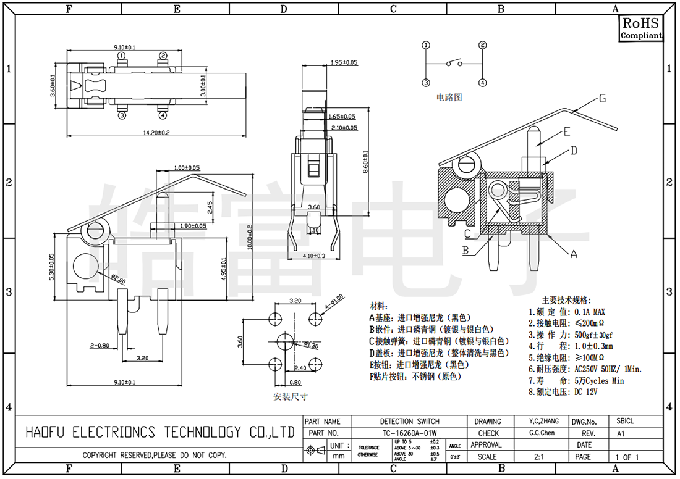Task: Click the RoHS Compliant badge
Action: pyautogui.click(x=641, y=28)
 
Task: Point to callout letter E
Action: pyautogui.click(x=566, y=131)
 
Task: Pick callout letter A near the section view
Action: pyautogui.click(x=573, y=253)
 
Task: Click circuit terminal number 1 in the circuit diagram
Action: pyautogui.click(x=426, y=45)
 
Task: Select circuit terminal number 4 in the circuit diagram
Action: pyautogui.click(x=482, y=82)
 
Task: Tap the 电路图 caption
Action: pyautogui.click(x=449, y=97)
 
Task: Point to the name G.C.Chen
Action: pyautogui.click(x=542, y=433)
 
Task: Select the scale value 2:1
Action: pyautogui.click(x=540, y=457)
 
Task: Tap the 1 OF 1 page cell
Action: pyautogui.click(x=626, y=457)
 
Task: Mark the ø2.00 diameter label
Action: pyautogui.click(x=118, y=278)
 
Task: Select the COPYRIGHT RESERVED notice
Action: pyautogui.click(x=155, y=456)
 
